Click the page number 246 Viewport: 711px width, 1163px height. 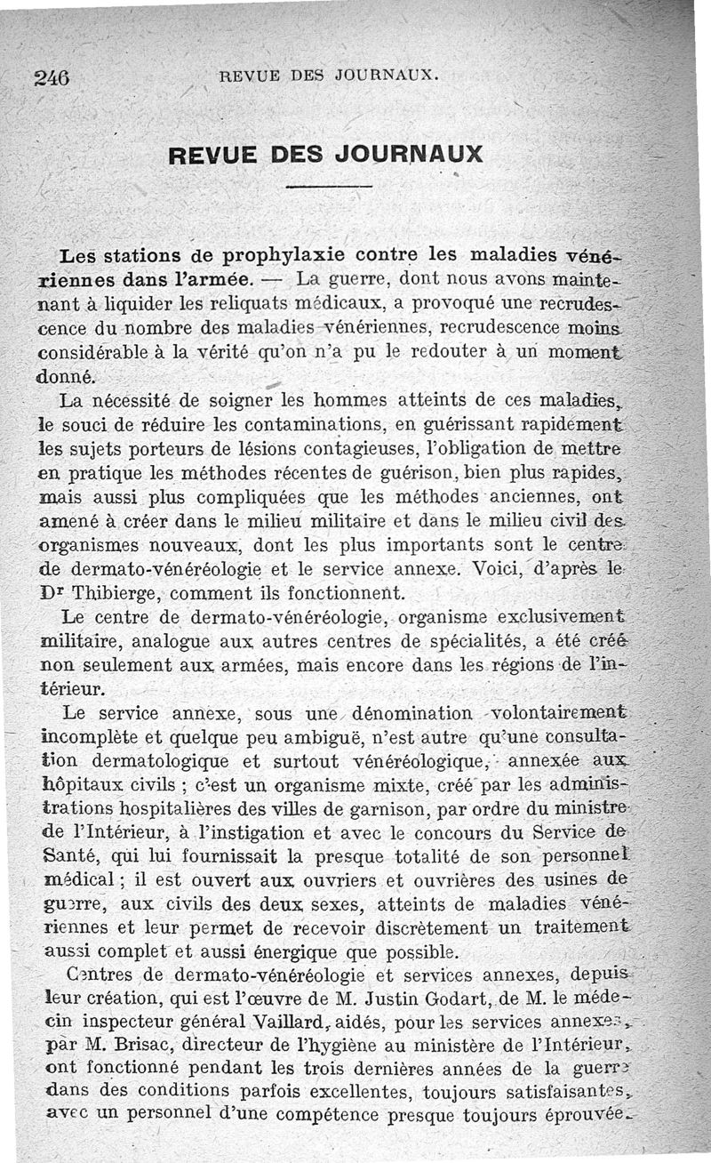click(52, 77)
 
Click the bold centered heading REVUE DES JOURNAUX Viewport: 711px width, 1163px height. click(325, 153)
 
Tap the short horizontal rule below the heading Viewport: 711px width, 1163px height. click(329, 186)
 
